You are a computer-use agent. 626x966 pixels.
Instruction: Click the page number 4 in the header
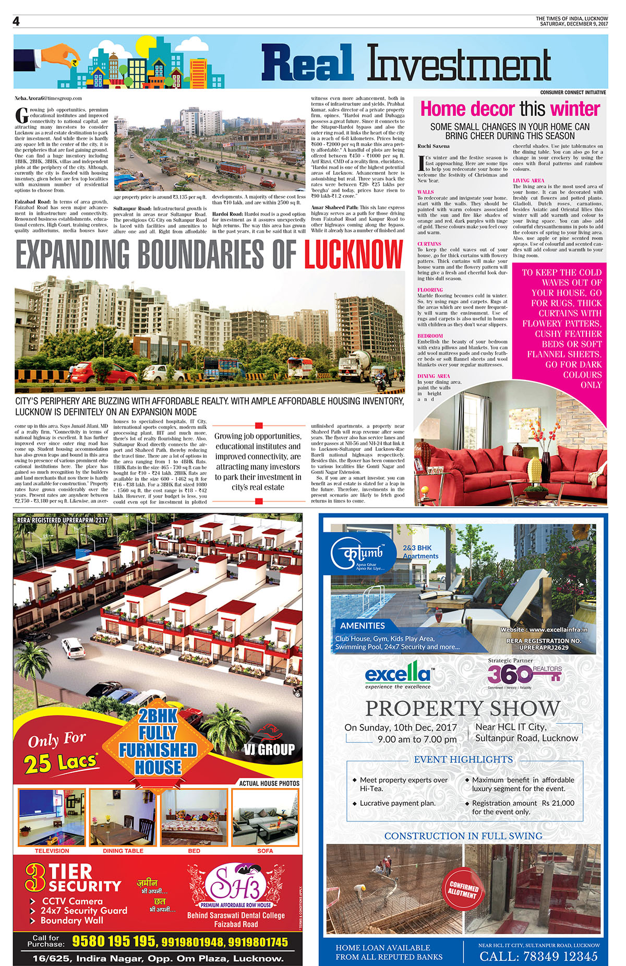[x=16, y=21]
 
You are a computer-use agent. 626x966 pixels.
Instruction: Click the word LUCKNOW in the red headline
[x=354, y=255]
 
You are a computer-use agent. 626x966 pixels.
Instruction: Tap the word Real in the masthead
[x=307, y=64]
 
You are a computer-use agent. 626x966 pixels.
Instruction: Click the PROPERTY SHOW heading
[x=463, y=708]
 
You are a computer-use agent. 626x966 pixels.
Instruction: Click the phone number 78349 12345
[x=538, y=956]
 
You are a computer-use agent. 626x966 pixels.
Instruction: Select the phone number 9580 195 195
[x=114, y=941]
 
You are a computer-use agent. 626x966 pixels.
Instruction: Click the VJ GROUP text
[x=269, y=749]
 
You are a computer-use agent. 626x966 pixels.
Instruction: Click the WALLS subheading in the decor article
[x=426, y=192]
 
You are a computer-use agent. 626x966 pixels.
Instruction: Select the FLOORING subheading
[x=430, y=290]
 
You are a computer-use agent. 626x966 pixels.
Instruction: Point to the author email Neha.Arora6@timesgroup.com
[x=48, y=98]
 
